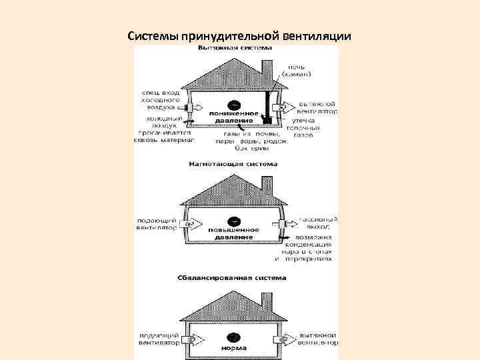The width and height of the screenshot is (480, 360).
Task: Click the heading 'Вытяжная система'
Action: pos(233,49)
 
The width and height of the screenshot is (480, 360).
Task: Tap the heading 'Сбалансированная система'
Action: pos(231,277)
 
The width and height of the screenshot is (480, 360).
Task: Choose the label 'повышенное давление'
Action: pos(231,233)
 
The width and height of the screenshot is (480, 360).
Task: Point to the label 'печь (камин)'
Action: pos(301,69)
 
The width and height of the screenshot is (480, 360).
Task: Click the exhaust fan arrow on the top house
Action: pos(284,107)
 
